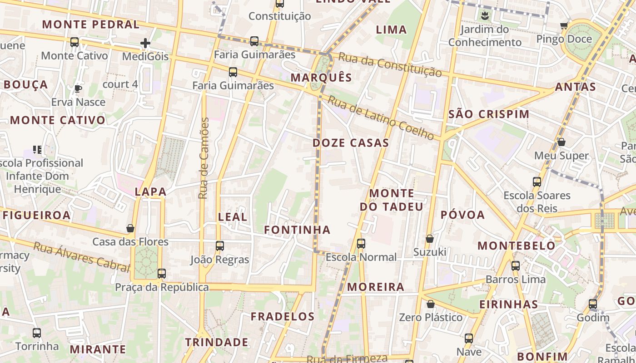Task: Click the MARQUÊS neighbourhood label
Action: (321, 78)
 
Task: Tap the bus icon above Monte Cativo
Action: (75, 42)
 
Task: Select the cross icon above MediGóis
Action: (145, 44)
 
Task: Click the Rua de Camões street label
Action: (204, 158)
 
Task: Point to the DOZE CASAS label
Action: (351, 143)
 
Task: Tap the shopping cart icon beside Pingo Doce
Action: (564, 26)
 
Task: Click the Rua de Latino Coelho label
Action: (381, 118)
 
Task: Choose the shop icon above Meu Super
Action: (561, 142)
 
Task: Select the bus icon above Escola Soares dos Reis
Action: (537, 182)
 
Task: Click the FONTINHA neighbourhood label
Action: (297, 230)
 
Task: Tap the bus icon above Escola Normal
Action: (361, 244)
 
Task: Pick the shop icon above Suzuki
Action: (430, 239)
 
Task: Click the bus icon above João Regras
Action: (220, 246)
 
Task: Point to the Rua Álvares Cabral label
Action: (82, 257)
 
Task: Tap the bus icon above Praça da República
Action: (162, 274)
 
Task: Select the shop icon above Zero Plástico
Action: (430, 304)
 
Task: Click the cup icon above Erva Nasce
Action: (78, 88)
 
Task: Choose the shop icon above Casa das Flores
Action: (130, 228)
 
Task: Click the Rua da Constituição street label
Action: (390, 64)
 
